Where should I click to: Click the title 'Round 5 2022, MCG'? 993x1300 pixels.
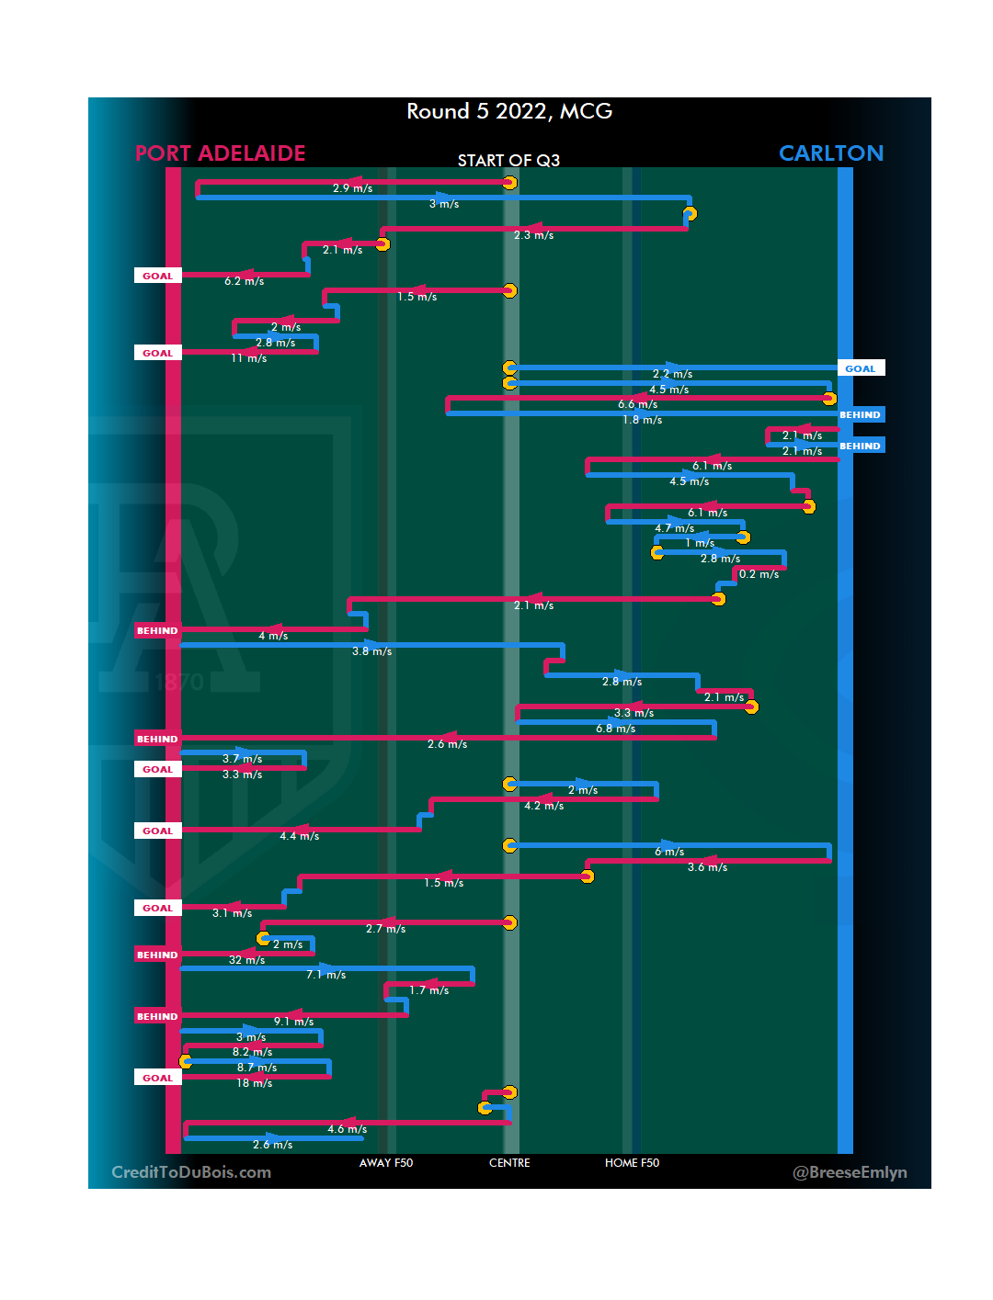[x=509, y=111]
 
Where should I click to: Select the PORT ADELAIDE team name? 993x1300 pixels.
[x=220, y=153]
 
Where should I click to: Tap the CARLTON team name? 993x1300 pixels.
[x=830, y=153]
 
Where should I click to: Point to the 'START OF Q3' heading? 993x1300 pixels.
[x=508, y=161]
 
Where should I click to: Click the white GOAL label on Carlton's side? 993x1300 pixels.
[x=861, y=368]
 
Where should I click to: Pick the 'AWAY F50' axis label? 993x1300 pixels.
[x=386, y=1163]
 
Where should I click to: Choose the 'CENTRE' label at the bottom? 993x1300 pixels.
[x=509, y=1163]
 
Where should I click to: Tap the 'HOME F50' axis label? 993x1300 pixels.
[x=632, y=1163]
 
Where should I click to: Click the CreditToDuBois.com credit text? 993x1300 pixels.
[x=191, y=1172]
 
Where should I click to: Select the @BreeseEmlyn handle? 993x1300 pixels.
[x=850, y=1172]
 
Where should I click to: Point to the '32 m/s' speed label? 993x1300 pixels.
[x=246, y=960]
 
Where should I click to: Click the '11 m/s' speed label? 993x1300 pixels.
[x=248, y=358]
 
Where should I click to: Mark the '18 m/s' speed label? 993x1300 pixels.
[x=254, y=1083]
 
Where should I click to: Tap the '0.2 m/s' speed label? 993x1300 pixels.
[x=759, y=574]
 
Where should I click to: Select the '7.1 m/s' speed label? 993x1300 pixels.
[x=326, y=975]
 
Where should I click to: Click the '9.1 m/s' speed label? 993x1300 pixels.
[x=293, y=1022]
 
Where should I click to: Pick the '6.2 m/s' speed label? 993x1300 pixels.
[x=244, y=281]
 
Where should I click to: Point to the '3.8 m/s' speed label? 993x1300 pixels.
[x=371, y=651]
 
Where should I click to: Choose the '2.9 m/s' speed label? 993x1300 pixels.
[x=352, y=188]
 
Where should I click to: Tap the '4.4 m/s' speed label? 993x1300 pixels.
[x=300, y=836]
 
